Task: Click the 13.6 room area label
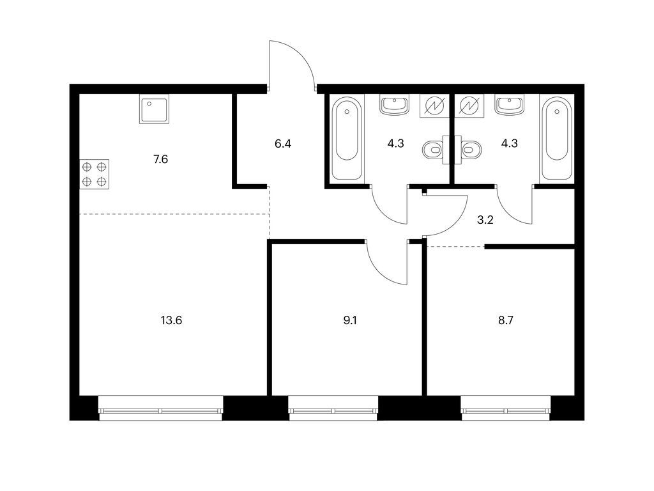point(171,320)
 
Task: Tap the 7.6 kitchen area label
point(160,159)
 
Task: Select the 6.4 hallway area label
point(283,144)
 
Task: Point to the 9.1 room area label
point(349,320)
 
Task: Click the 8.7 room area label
point(506,320)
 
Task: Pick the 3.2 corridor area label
point(485,220)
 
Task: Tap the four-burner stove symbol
point(95,174)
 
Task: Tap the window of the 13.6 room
point(161,411)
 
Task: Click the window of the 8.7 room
point(506,411)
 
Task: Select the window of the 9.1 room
point(333,411)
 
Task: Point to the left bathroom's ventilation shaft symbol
point(434,105)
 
